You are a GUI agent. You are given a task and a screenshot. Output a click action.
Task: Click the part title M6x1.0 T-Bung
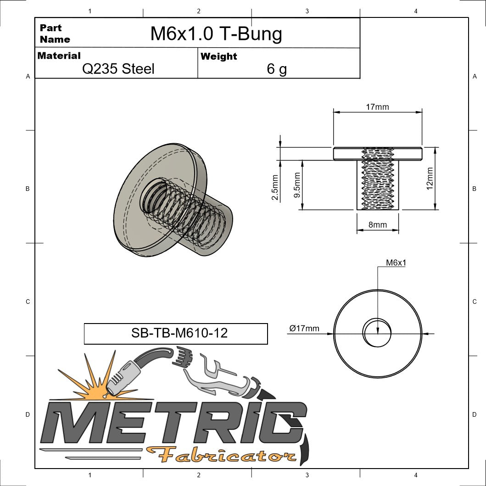[x=216, y=34]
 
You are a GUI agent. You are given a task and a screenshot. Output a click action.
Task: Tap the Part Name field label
[x=55, y=34]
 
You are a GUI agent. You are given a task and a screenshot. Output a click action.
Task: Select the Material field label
[x=59, y=56]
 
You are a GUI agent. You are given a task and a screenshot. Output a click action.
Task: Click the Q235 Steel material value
[x=118, y=69]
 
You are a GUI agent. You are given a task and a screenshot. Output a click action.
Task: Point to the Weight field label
[x=219, y=56]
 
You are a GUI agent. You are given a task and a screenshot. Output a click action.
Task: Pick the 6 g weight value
[x=276, y=69]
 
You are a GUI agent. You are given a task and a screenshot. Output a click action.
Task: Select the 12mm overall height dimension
[x=430, y=179]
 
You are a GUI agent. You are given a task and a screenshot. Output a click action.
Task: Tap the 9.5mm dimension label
[x=297, y=185]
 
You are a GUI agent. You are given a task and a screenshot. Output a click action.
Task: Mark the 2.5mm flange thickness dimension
[x=275, y=187]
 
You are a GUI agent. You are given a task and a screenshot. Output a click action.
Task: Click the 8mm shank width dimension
[x=377, y=225]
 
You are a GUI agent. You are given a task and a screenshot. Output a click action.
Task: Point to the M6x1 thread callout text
[x=396, y=263]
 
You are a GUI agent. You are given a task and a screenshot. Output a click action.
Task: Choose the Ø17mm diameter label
[x=304, y=328]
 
